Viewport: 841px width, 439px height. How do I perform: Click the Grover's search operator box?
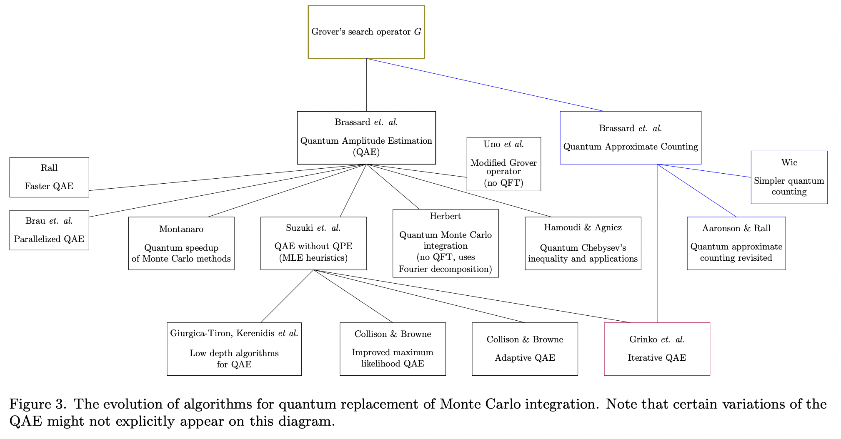pos(366,32)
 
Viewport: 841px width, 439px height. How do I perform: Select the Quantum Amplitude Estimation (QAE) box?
pos(366,137)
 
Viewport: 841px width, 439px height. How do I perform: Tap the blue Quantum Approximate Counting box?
pos(630,137)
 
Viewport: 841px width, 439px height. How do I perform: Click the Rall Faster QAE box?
pos(49,177)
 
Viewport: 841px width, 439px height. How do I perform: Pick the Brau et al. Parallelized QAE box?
pos(49,230)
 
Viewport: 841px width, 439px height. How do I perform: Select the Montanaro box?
pos(181,243)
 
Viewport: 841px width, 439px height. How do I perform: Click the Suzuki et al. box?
pos(313,243)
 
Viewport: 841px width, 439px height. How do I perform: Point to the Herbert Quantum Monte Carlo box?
pos(446,243)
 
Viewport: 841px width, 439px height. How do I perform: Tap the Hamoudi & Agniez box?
pos(583,243)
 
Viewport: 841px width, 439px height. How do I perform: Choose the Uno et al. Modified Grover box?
pos(503,164)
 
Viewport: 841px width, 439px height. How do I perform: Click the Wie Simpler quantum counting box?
pos(789,177)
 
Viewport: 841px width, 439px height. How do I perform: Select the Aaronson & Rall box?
pos(736,243)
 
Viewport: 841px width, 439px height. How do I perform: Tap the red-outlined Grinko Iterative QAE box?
pos(657,349)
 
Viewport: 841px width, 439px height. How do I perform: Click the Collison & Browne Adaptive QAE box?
pos(525,349)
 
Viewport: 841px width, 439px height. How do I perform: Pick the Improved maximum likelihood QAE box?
pos(393,349)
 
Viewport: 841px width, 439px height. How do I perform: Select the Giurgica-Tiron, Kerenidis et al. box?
pos(234,349)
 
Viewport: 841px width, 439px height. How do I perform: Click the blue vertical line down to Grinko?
pos(657,250)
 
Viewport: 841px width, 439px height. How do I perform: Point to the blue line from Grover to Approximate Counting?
pos(486,85)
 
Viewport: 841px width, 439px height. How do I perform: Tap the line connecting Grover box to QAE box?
pos(366,85)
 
